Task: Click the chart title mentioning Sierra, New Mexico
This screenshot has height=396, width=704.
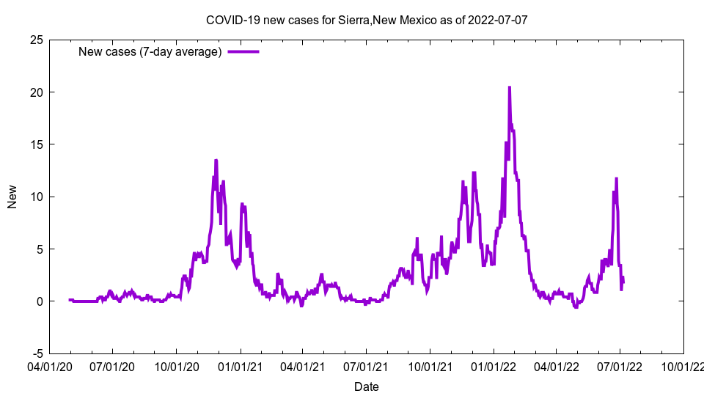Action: [x=367, y=20]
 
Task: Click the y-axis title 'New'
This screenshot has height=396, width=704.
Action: [x=12, y=197]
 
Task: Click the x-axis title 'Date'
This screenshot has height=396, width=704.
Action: [x=367, y=386]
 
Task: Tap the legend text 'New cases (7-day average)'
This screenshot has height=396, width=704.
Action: [x=150, y=52]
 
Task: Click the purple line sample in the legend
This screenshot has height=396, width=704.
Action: [x=243, y=52]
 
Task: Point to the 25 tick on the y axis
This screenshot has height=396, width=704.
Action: [x=35, y=40]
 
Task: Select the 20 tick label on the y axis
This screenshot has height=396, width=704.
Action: [x=35, y=92]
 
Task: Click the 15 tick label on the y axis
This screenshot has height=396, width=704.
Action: [x=35, y=144]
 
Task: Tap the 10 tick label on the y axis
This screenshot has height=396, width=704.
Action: [x=35, y=197]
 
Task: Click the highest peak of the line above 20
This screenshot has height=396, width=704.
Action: [x=510, y=87]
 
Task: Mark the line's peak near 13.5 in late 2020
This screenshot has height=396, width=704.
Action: [x=216, y=161]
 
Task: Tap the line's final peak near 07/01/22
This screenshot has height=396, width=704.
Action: [x=617, y=178]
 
